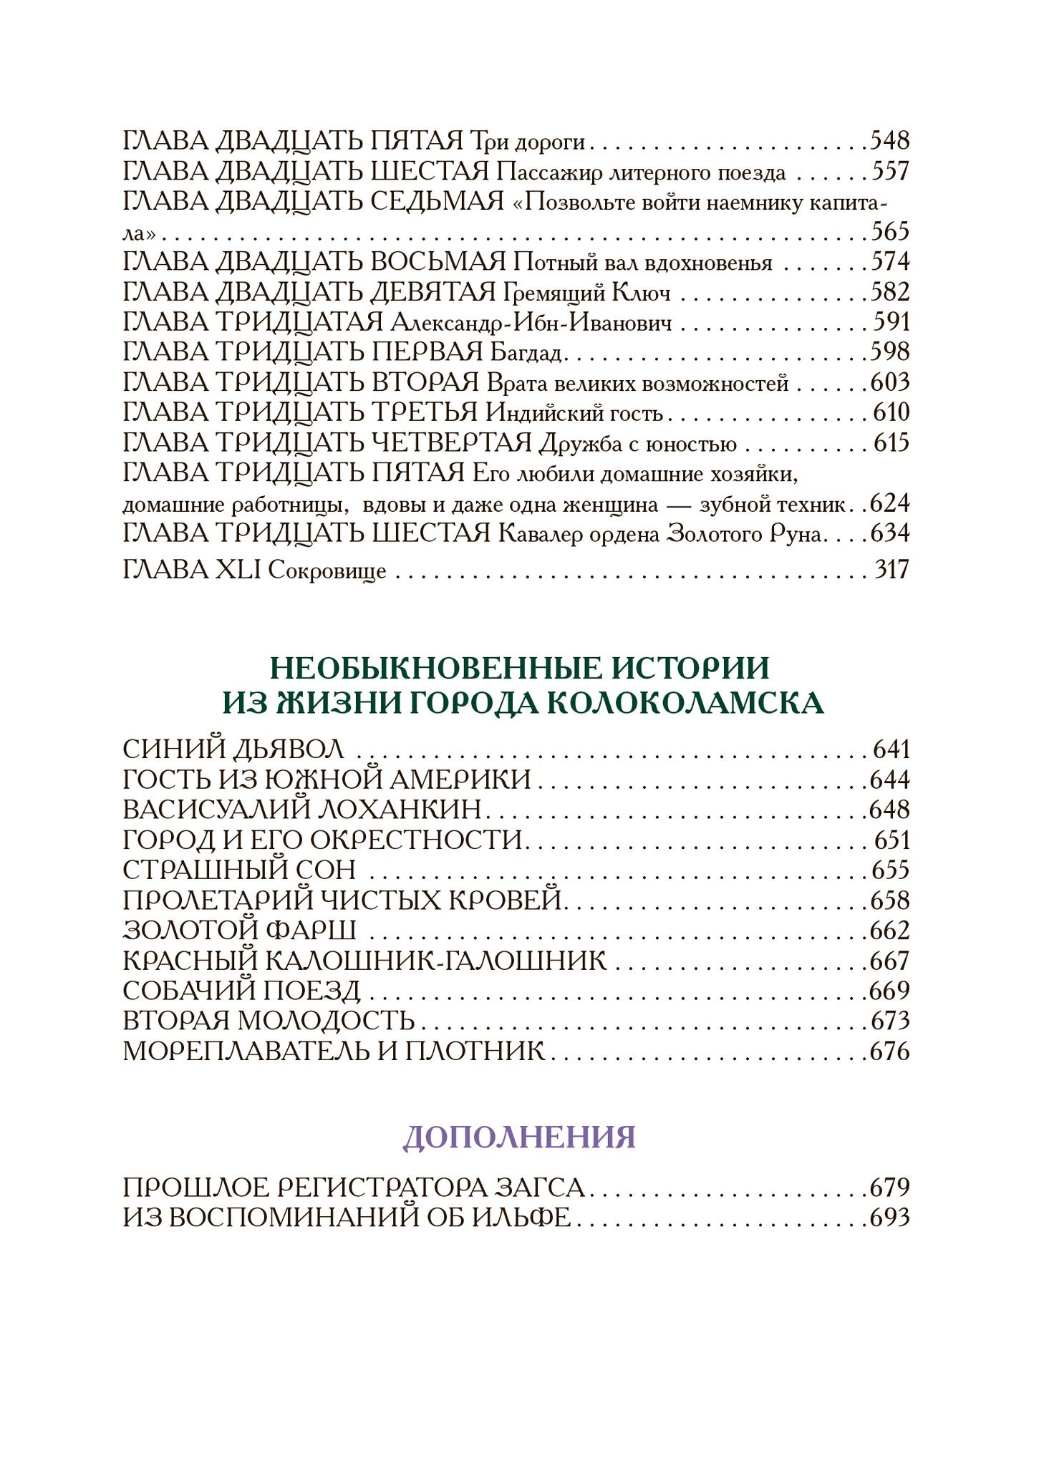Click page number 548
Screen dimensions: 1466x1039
point(889,141)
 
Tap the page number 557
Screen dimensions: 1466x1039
point(889,172)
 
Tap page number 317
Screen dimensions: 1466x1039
point(891,571)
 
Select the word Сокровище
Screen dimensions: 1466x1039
point(327,572)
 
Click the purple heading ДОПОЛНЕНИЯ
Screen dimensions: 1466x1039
point(519,1137)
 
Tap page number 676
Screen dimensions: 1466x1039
point(889,1052)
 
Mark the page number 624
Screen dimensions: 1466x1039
point(889,504)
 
